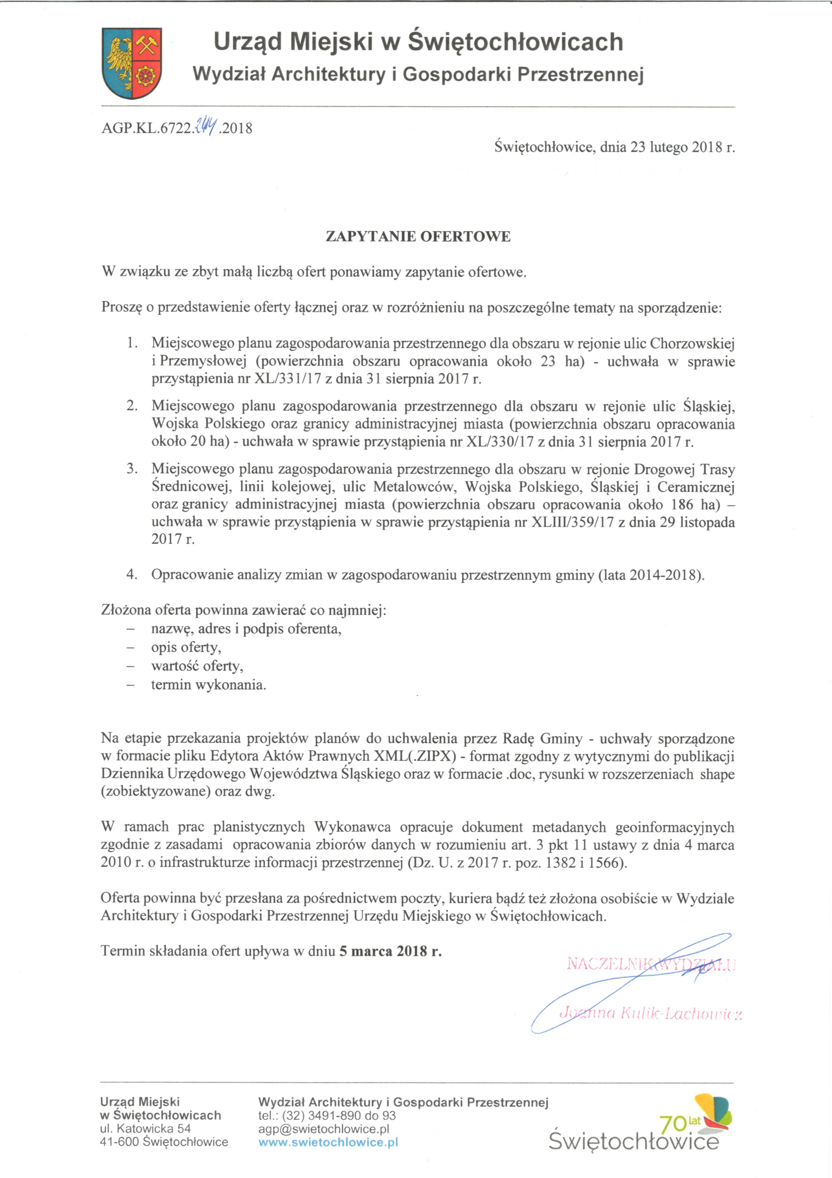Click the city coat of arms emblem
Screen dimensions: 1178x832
coord(132,63)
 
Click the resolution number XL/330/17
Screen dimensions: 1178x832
coord(500,442)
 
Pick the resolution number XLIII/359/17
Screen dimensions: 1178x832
coord(572,522)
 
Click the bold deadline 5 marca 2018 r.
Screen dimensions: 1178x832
coord(390,951)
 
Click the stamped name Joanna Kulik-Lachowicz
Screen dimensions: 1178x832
coord(650,1013)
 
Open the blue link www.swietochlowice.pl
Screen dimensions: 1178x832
coord(328,1142)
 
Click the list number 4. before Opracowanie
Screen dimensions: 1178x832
coord(132,575)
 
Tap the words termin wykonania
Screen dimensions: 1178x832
coord(208,685)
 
